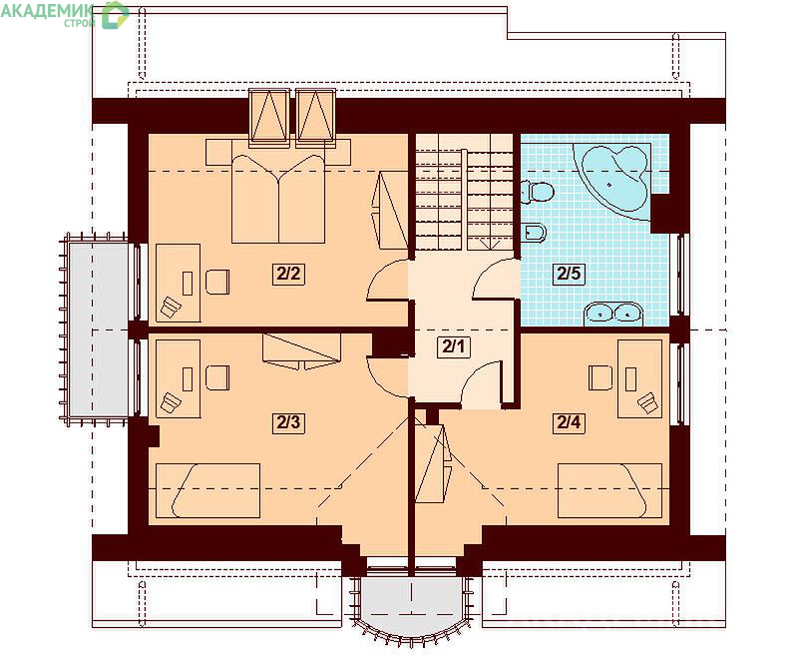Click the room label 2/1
(x=454, y=347)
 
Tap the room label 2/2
(x=288, y=275)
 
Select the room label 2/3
(x=288, y=422)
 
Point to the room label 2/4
(x=569, y=422)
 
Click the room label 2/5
(x=569, y=274)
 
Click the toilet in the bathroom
(x=538, y=192)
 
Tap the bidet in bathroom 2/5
(x=534, y=233)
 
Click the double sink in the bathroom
(x=613, y=313)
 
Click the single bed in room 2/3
(x=207, y=490)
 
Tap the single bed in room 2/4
(x=609, y=490)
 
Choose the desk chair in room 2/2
(x=217, y=282)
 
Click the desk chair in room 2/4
(x=600, y=378)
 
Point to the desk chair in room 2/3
(x=217, y=378)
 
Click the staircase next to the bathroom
(x=464, y=192)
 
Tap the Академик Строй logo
(x=65, y=14)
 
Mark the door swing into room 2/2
(x=387, y=280)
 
